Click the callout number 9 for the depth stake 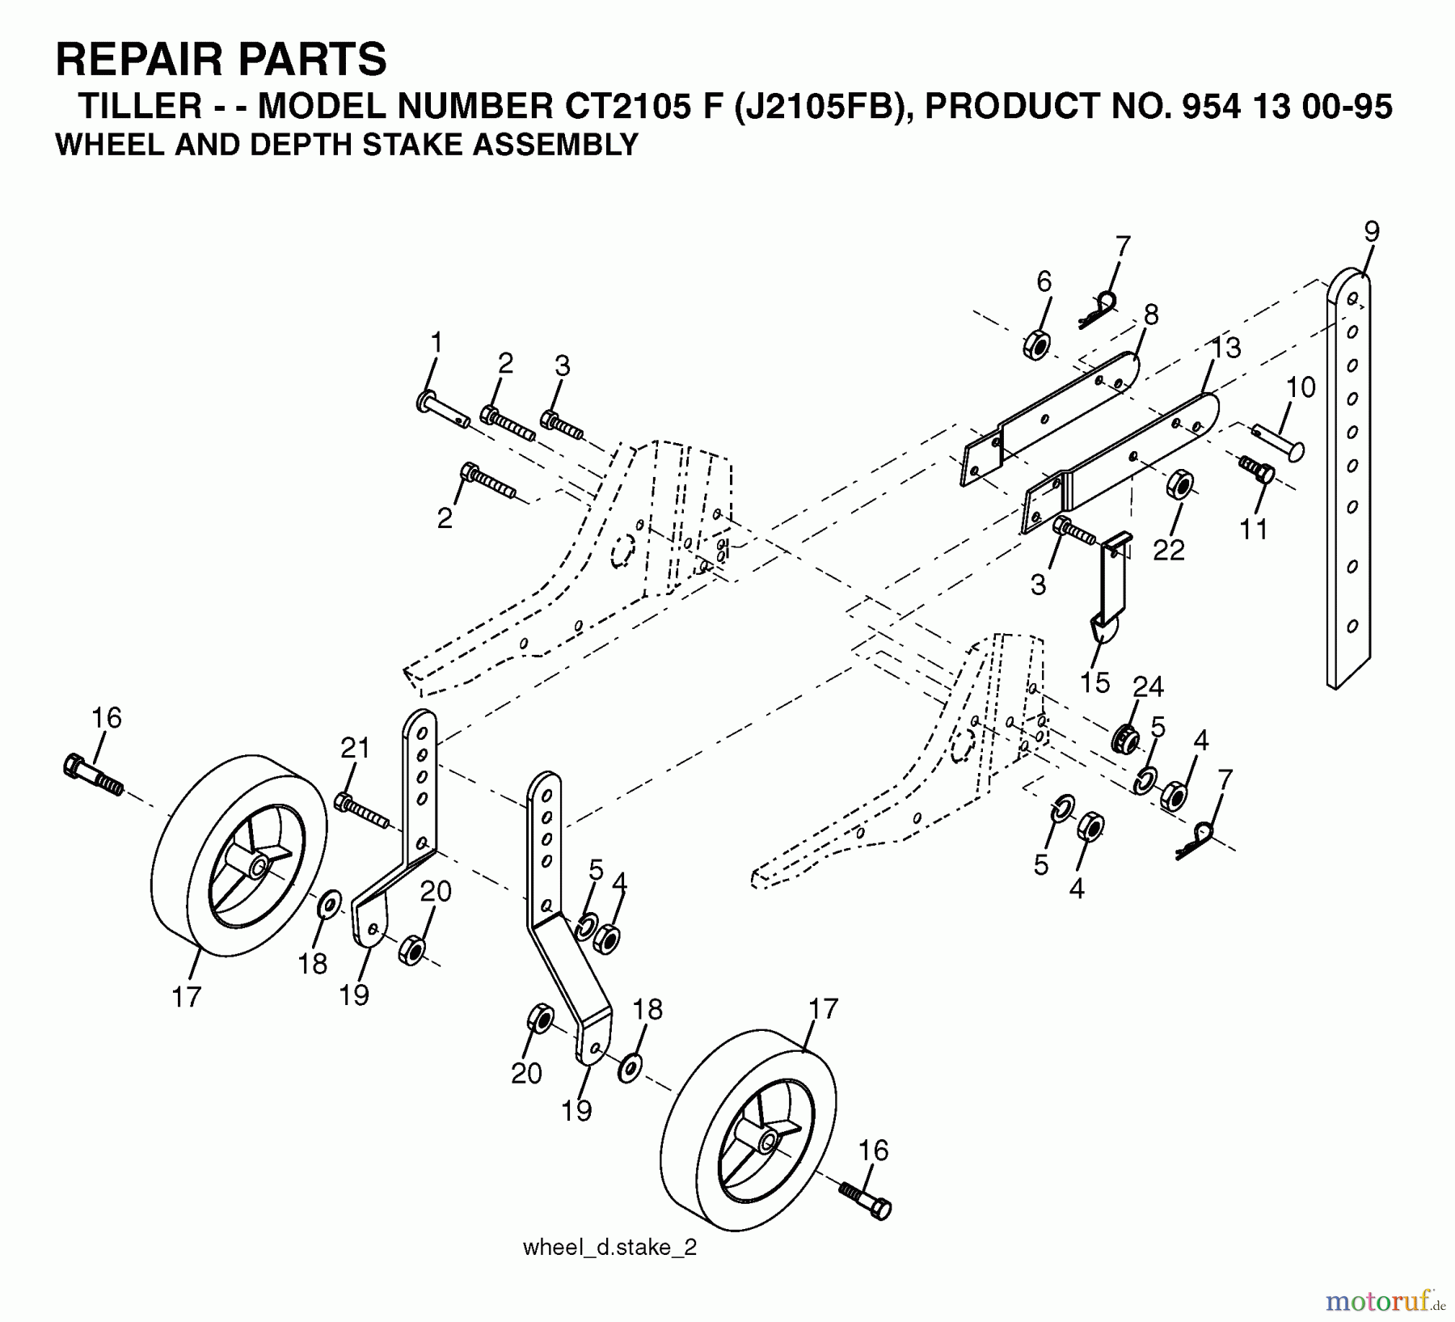coord(1372,232)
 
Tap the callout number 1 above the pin coord(436,343)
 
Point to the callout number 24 coord(1148,686)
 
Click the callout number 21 coord(355,748)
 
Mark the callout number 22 coord(1168,550)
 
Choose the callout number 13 coord(1226,348)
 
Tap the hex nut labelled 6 coord(1036,345)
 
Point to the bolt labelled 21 coord(362,811)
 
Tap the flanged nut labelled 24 coord(1124,737)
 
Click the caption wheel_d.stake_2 coord(609,1248)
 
